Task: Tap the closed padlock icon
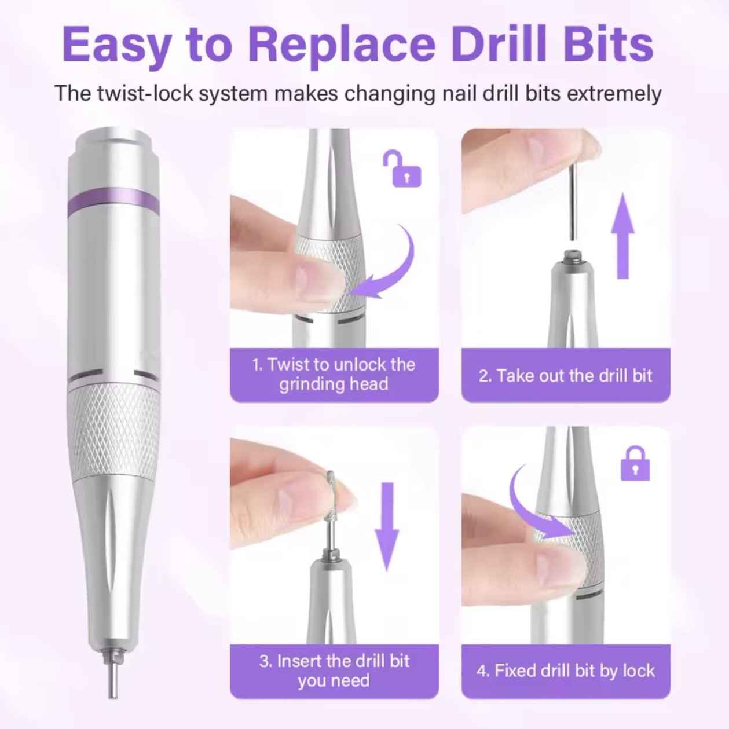point(635,463)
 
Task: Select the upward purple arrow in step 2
point(622,235)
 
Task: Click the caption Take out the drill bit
point(566,376)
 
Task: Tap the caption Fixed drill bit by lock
point(566,671)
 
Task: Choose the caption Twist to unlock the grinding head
point(334,374)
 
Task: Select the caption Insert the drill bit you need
point(334,671)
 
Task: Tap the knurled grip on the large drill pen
point(113,431)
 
